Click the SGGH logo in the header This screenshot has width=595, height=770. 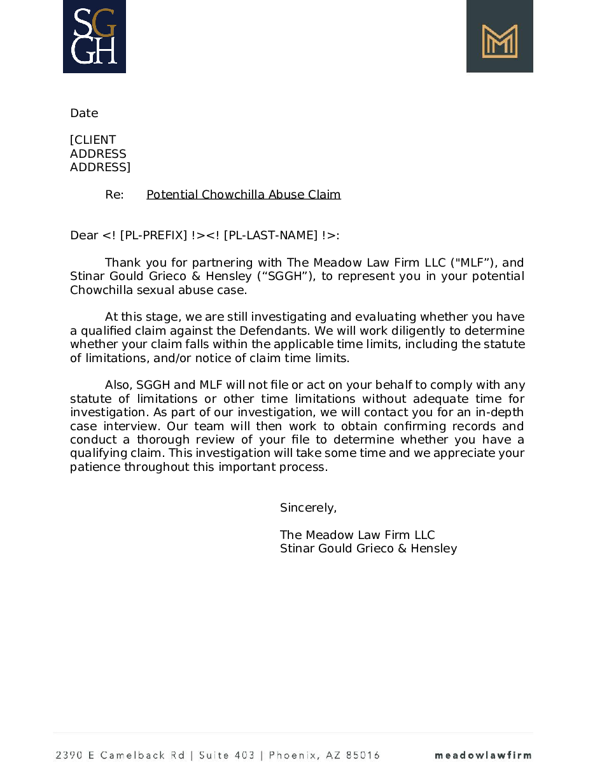tap(94, 36)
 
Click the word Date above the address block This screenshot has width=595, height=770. tap(84, 113)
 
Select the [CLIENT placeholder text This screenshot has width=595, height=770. tap(93, 140)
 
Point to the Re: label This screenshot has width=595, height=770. tap(115, 195)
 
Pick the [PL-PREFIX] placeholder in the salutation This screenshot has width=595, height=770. tap(153, 235)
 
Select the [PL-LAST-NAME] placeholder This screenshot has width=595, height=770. tap(270, 235)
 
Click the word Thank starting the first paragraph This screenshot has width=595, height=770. tap(123, 263)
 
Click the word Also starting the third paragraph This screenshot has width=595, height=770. tap(118, 385)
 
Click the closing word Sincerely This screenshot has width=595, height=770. tap(308, 508)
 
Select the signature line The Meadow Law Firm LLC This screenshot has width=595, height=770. tap(358, 535)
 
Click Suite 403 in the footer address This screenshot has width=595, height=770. tap(227, 755)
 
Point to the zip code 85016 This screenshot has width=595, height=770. tap(363, 755)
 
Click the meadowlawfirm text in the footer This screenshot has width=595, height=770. tap(483, 755)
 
